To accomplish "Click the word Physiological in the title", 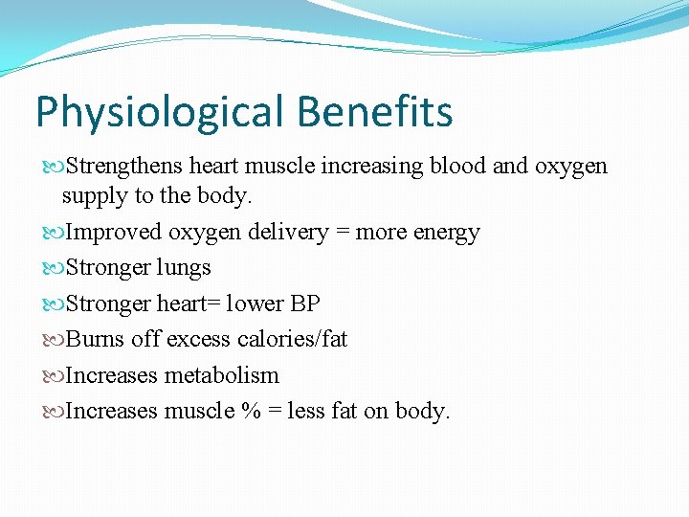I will click(160, 113).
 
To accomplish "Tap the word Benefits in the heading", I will click(375, 111).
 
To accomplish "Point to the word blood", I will click(457, 167).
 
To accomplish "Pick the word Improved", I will click(114, 233).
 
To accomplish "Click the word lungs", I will click(184, 268).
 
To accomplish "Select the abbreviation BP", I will click(305, 303).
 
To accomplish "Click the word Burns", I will click(96, 339).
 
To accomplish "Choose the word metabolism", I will click(221, 375).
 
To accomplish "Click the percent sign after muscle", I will click(252, 412).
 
